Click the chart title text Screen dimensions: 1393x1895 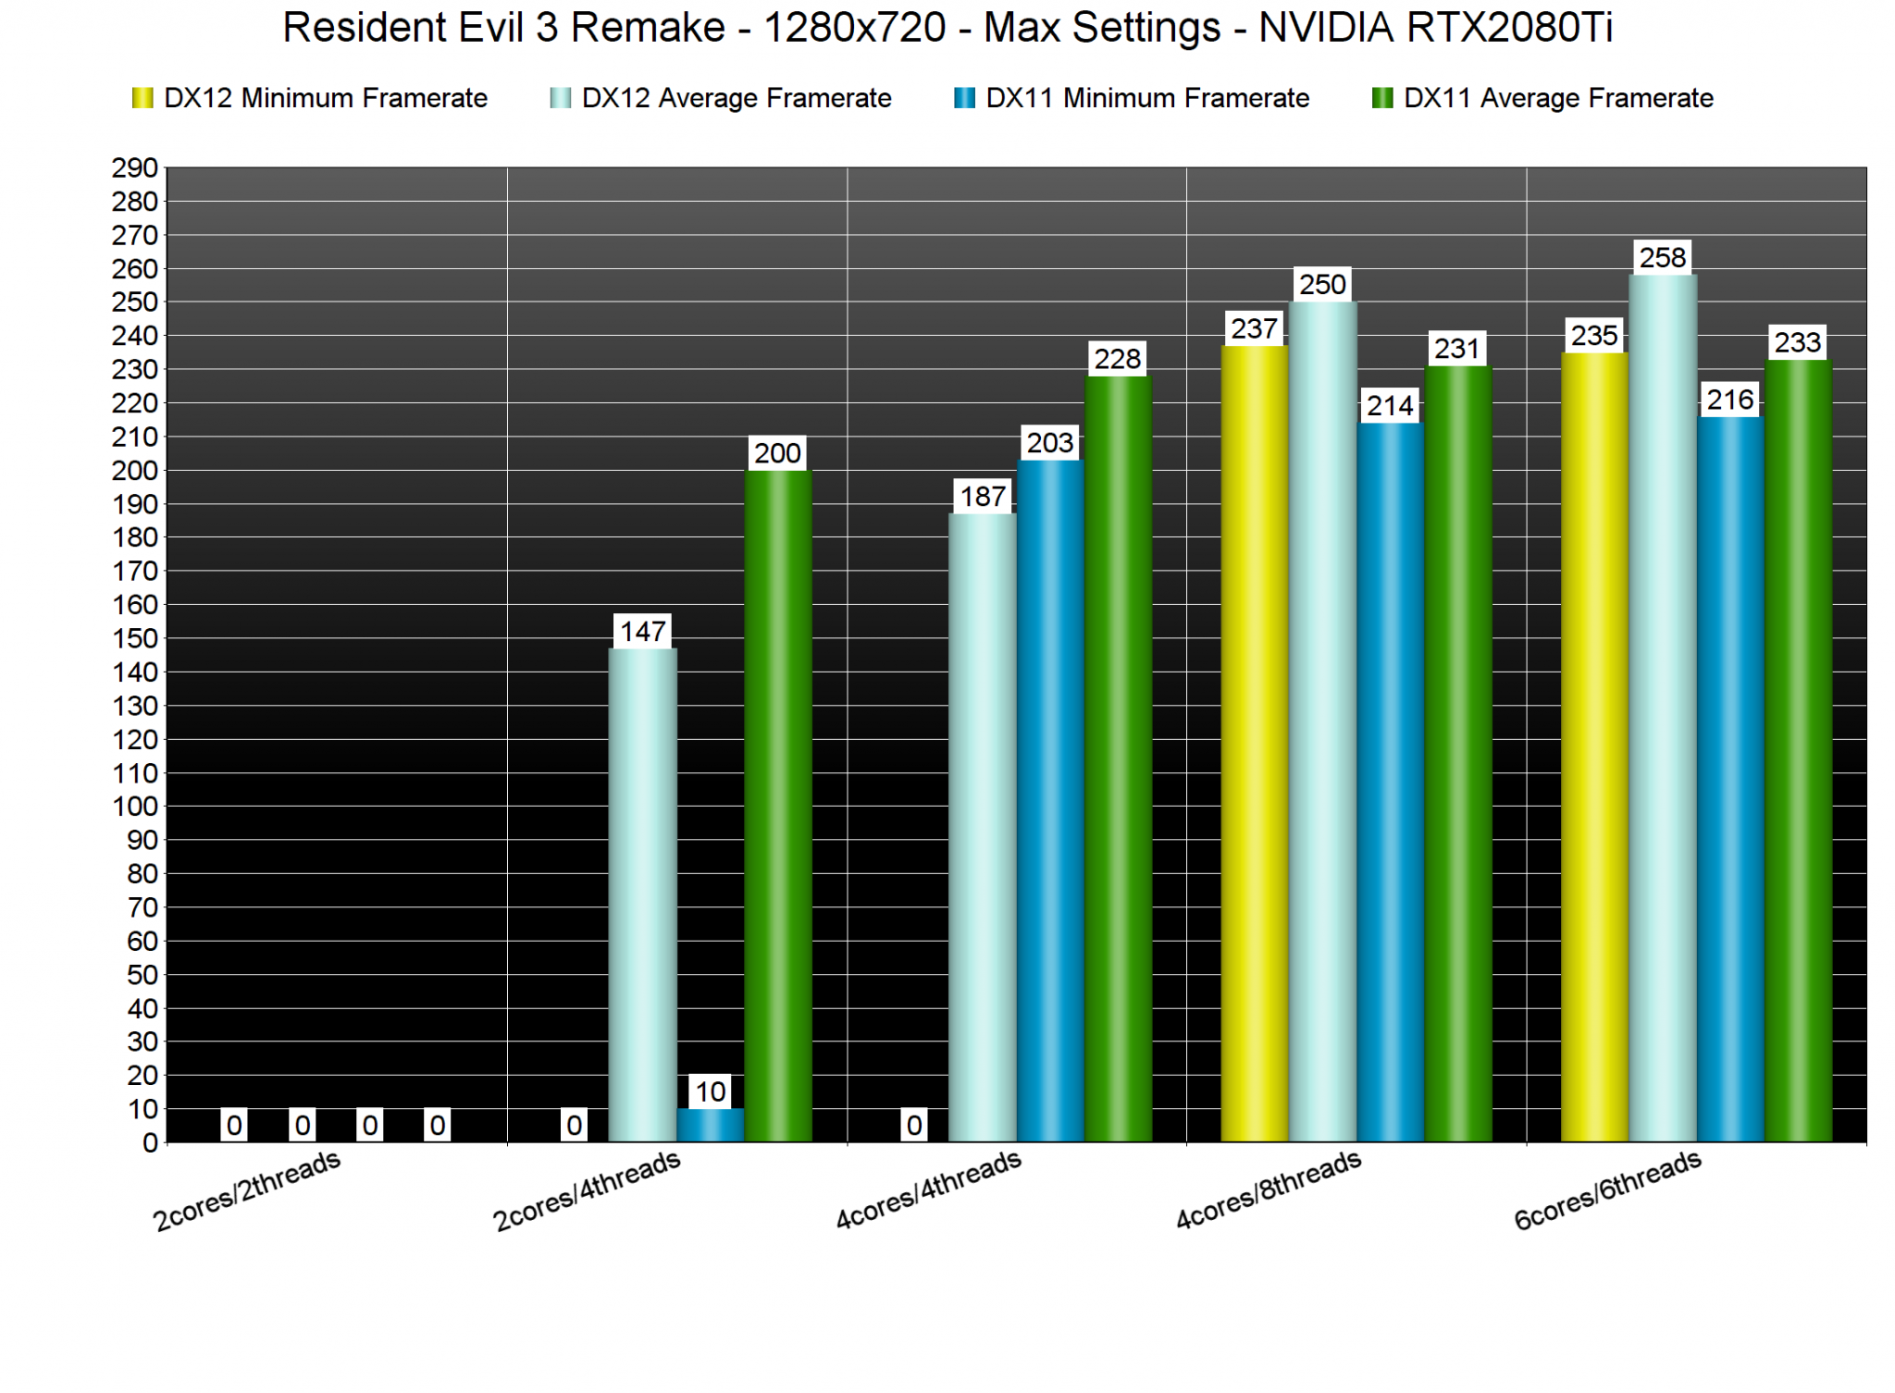click(947, 28)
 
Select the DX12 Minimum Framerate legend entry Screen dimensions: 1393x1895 click(311, 98)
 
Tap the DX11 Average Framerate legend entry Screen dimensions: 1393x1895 click(1543, 98)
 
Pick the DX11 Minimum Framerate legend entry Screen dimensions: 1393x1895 click(1133, 98)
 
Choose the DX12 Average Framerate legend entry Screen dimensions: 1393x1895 click(721, 98)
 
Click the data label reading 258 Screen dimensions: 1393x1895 click(1662, 257)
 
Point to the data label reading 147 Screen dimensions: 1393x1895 click(642, 632)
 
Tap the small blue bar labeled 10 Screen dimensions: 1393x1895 click(710, 1125)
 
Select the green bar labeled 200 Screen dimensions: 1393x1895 click(777, 805)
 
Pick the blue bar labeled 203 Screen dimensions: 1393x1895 click(1050, 800)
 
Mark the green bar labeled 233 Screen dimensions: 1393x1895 click(1798, 750)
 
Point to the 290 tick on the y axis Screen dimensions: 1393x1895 click(134, 168)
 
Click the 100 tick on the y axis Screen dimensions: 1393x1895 click(134, 807)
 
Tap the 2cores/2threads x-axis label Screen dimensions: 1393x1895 click(247, 1191)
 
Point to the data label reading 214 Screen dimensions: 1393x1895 click(1390, 405)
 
